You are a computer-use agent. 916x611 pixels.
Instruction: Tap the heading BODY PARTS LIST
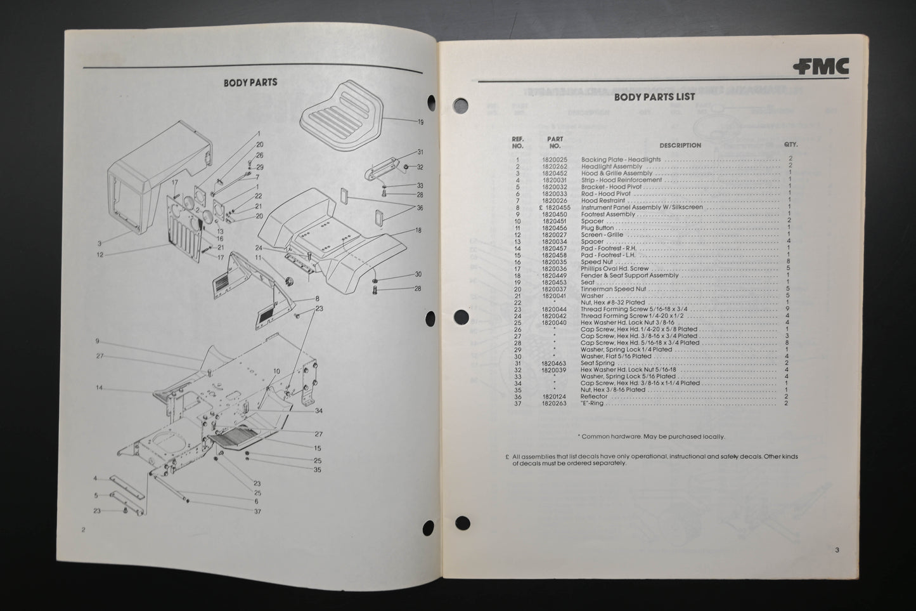click(x=654, y=97)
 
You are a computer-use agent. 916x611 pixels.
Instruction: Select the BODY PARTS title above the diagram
click(x=250, y=82)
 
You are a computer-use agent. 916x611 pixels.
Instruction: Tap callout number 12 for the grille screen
click(x=101, y=255)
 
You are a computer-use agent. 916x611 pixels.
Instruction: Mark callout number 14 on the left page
click(x=99, y=387)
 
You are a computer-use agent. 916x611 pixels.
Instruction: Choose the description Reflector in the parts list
click(x=594, y=397)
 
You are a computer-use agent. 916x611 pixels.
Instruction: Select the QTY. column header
click(x=790, y=145)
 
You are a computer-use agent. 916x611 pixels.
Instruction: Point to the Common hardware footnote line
click(x=651, y=437)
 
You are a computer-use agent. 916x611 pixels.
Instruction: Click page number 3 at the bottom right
click(x=837, y=550)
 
